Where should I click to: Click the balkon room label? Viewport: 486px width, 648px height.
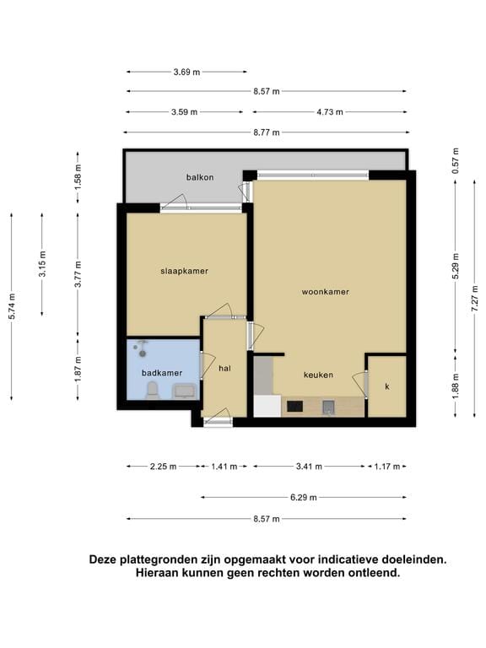pos(200,177)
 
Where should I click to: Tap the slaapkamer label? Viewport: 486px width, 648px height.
pos(184,271)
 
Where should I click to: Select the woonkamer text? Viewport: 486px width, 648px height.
pos(325,292)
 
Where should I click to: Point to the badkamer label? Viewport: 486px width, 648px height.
pos(162,373)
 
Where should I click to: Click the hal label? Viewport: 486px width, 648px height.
pos(224,368)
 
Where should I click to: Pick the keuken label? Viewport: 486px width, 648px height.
pos(318,375)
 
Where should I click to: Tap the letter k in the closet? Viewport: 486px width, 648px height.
pos(387,386)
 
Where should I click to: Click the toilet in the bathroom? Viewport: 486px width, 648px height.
pos(152,390)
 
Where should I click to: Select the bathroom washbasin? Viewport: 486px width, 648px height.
pos(184,391)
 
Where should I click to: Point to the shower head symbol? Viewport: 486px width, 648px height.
pos(143,348)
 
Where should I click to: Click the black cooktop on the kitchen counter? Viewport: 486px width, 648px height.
pos(294,406)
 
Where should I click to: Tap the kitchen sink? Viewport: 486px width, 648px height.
pos(328,407)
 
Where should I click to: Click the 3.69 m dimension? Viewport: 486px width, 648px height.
pos(186,72)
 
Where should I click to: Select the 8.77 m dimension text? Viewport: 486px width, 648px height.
pos(267,132)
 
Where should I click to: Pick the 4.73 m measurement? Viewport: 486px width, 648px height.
pos(330,112)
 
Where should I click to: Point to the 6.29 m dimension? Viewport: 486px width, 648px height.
pos(304,498)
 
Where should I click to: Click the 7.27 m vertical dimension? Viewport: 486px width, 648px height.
pos(475,299)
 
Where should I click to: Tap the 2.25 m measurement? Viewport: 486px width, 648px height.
pos(163,467)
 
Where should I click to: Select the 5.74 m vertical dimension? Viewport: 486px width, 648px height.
pos(12,305)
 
